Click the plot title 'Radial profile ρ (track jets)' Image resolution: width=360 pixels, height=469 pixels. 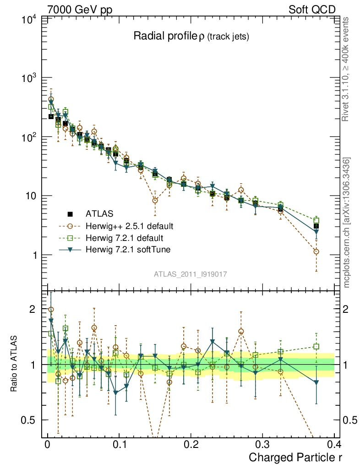[x=191, y=36]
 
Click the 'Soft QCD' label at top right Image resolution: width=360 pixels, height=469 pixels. [x=312, y=9]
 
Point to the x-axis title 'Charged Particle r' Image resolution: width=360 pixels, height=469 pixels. [x=295, y=457]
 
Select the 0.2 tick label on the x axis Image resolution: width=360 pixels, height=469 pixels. [x=191, y=444]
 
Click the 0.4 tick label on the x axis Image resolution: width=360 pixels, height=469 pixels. [x=335, y=444]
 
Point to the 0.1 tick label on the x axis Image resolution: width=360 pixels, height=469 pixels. [x=119, y=444]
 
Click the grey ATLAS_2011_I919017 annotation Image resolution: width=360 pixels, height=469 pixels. [x=191, y=273]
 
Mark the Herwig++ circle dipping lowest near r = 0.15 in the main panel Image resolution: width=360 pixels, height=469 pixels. [x=155, y=200]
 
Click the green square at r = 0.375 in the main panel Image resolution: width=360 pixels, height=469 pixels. [x=316, y=220]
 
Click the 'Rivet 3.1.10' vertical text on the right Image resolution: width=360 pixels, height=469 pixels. [x=346, y=69]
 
